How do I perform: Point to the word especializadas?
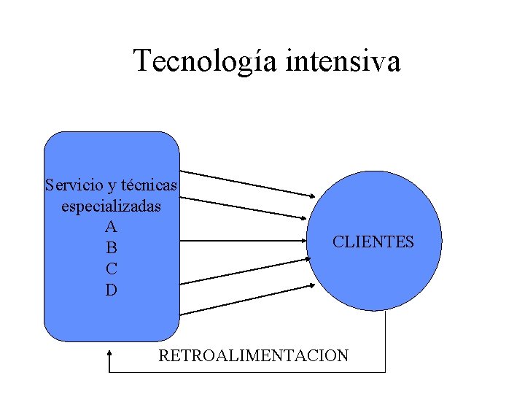coord(111,206)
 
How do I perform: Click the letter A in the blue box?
coord(111,227)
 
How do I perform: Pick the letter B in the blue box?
coord(111,248)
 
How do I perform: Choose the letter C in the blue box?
coord(111,269)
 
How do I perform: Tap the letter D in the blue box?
coord(111,290)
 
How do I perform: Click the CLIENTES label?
coord(373,242)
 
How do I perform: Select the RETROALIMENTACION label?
coord(254,356)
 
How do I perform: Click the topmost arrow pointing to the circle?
coord(248,184)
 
